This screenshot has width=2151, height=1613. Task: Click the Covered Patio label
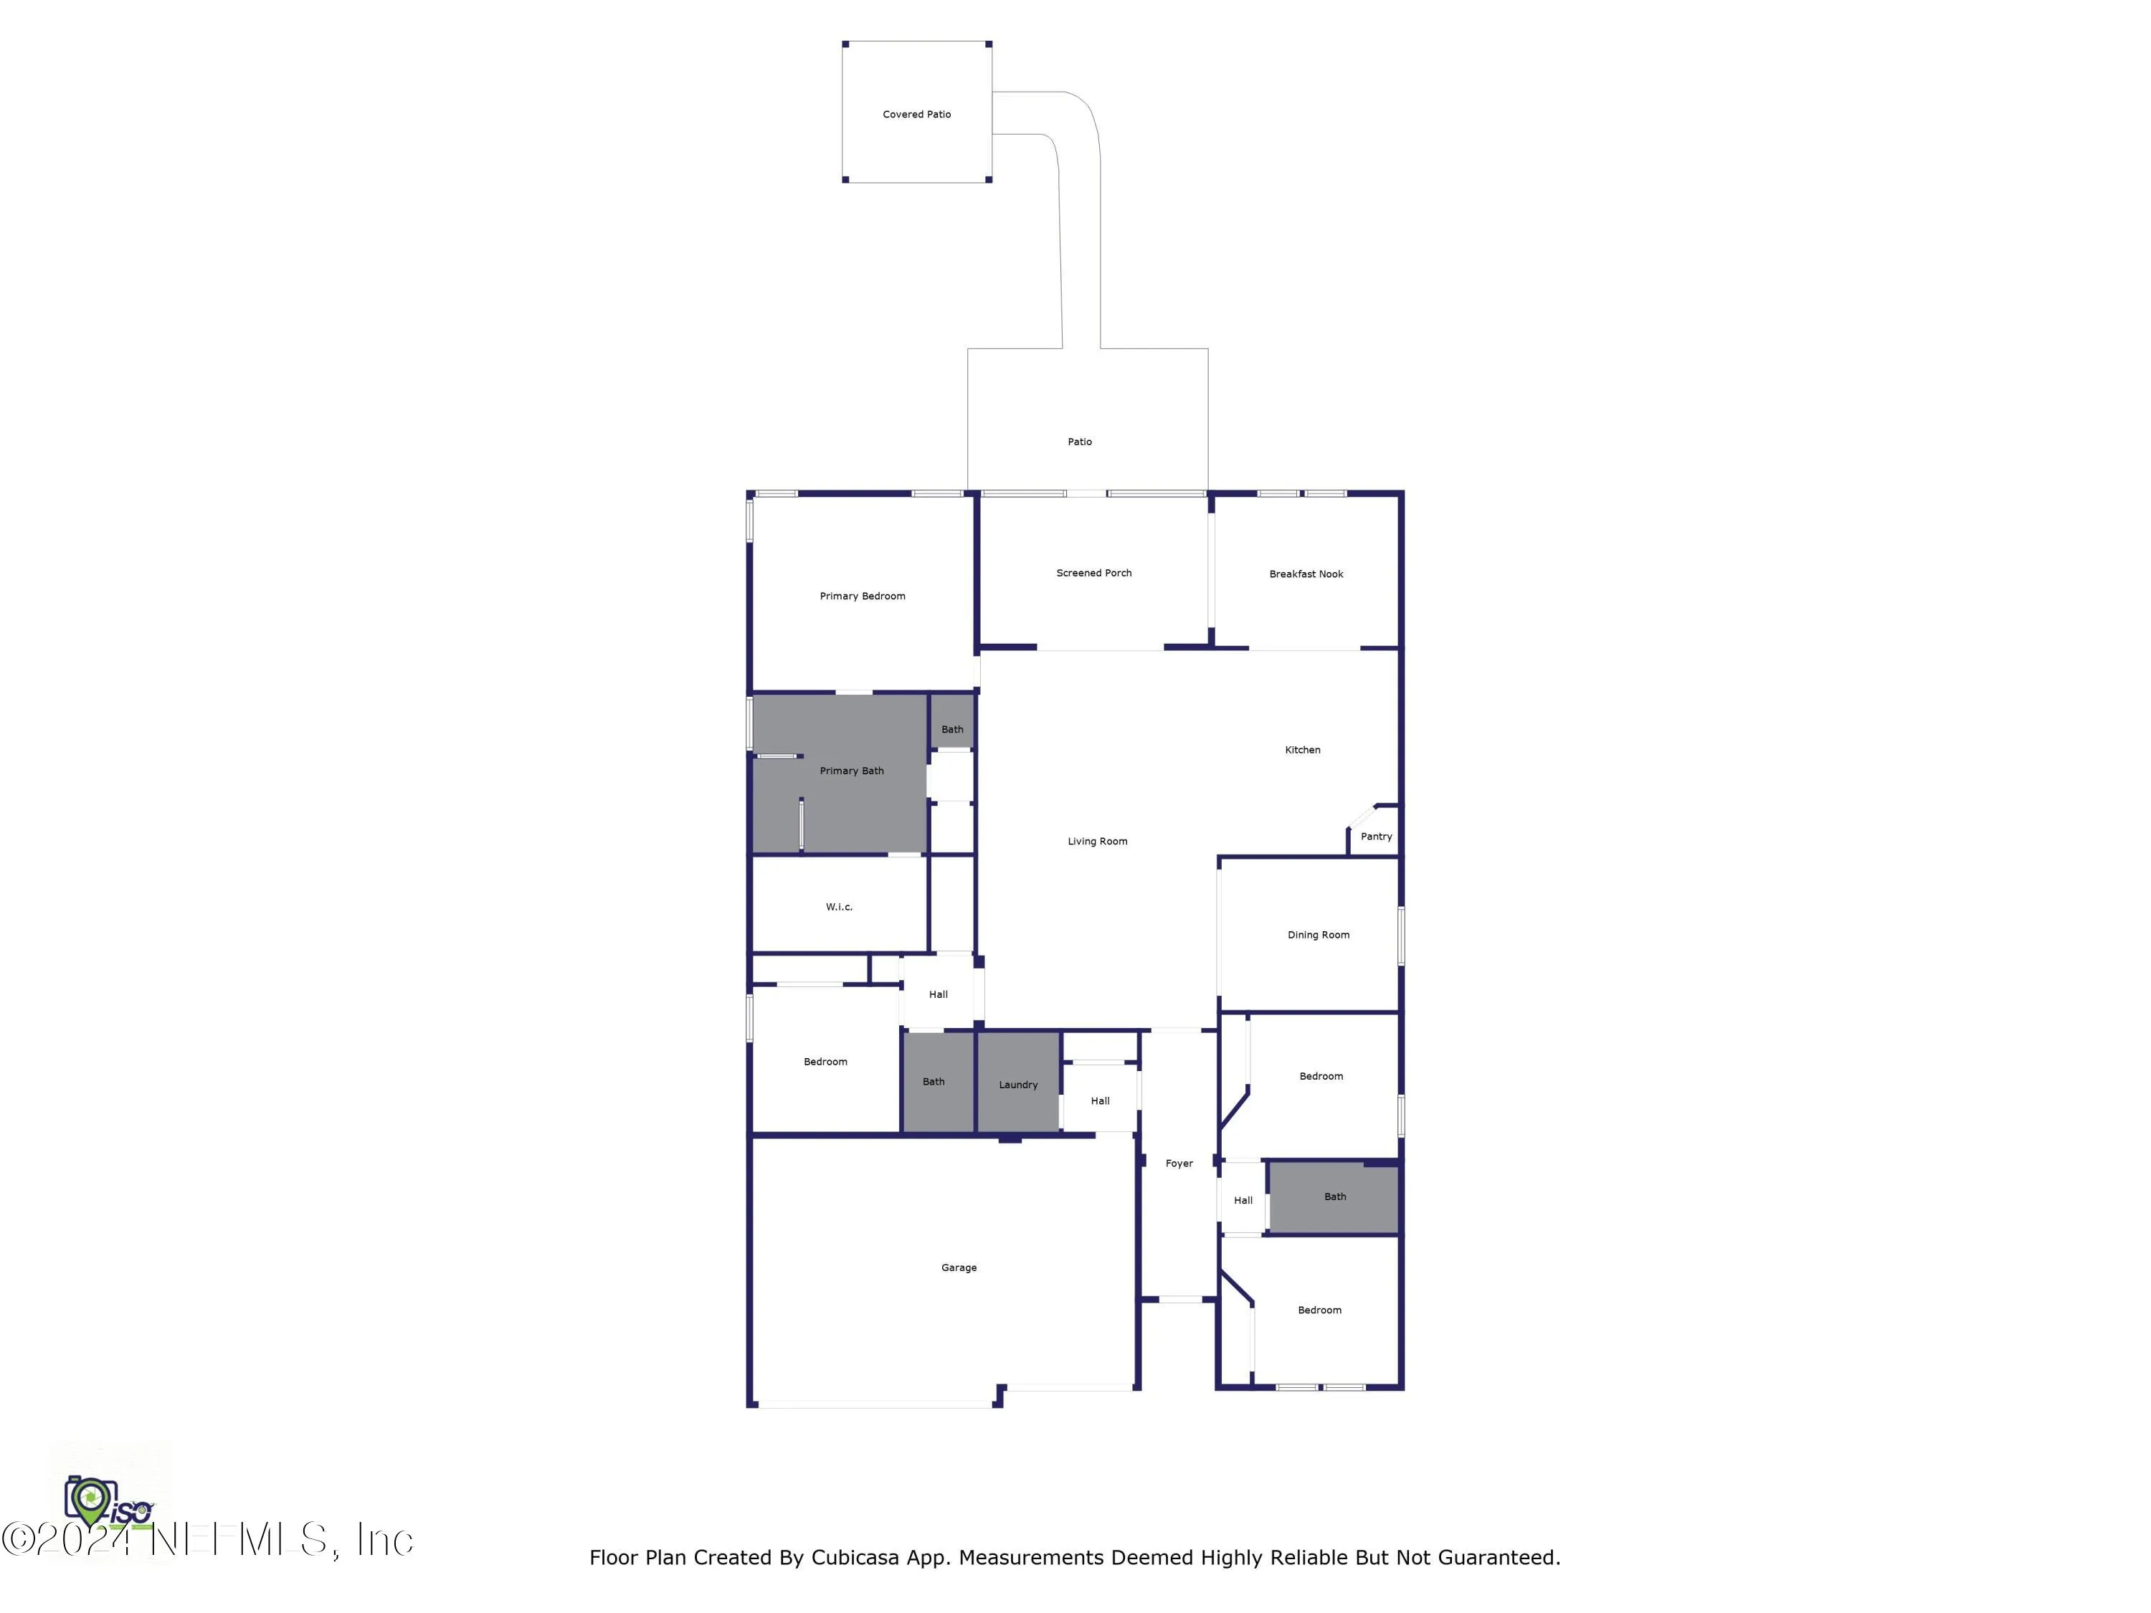point(916,115)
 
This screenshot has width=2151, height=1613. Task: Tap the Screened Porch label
point(1094,574)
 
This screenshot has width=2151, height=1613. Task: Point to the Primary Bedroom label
point(863,596)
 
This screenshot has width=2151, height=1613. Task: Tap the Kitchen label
point(1302,751)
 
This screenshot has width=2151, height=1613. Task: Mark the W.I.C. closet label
point(839,907)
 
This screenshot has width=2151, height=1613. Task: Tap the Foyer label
point(1179,1164)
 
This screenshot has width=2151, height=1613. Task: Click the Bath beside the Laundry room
point(934,1082)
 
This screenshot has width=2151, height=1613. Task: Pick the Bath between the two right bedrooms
point(1335,1197)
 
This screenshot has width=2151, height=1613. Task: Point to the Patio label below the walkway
point(1079,442)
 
